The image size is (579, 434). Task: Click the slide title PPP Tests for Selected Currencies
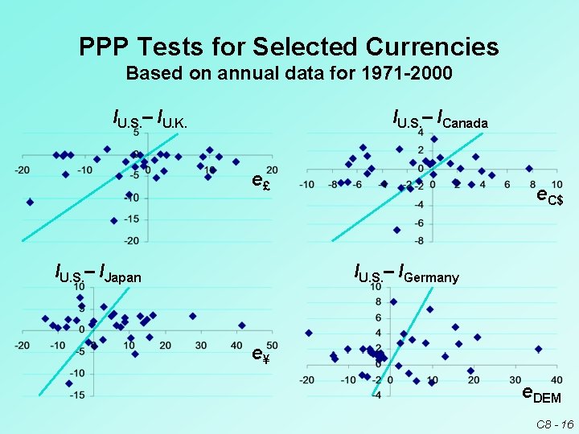point(289,47)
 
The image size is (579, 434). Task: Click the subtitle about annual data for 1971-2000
point(289,75)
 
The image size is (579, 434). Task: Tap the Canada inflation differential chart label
point(440,121)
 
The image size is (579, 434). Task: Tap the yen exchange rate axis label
point(260,353)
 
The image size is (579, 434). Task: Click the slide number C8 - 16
point(555,423)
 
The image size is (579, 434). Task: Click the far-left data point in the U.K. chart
point(30,202)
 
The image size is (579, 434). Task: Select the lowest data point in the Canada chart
point(396,230)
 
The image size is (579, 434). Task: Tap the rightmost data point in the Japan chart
point(241,325)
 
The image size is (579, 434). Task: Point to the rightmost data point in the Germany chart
point(538,349)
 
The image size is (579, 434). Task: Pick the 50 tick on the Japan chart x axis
point(272,346)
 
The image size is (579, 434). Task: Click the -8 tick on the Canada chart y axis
point(420,240)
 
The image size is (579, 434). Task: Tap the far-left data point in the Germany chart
point(308,333)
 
